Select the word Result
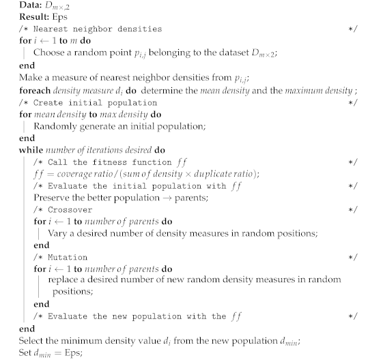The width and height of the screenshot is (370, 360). pos(16,16)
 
